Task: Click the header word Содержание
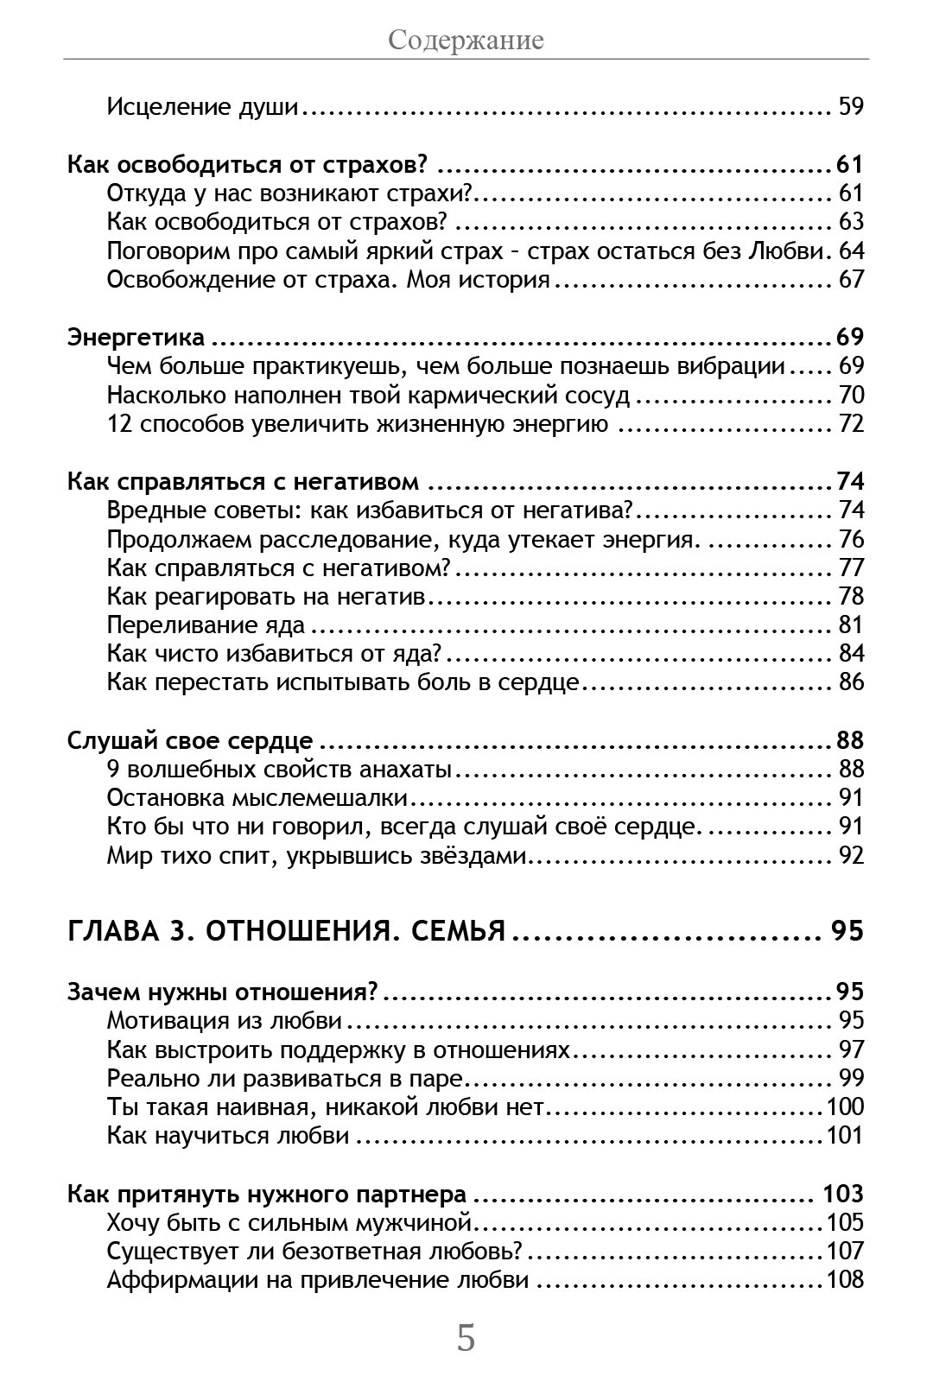coord(466,40)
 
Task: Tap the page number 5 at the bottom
coord(466,1338)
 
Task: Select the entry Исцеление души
coord(202,107)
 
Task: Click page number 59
coord(851,107)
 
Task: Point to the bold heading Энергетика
coord(136,337)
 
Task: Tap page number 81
coord(851,624)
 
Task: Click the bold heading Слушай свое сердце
coord(190,740)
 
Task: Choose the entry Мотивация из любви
coord(225,1020)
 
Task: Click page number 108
coord(845,1279)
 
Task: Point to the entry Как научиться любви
coord(228,1135)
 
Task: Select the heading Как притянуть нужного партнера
coord(267,1194)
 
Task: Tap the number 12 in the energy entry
coord(118,424)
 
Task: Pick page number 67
coord(851,280)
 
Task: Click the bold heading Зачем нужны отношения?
coord(223,991)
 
